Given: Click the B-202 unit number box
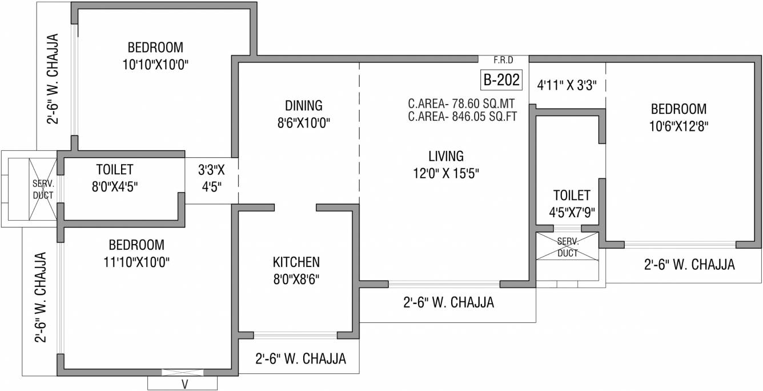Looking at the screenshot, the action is (x=501, y=80).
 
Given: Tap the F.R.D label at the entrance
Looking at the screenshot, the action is (x=503, y=61).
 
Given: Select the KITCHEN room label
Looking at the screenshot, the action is (x=296, y=262).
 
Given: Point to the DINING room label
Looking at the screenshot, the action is (x=303, y=106).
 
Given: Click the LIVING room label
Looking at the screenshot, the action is (x=446, y=156).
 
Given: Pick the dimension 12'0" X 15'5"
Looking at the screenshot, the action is (x=446, y=174).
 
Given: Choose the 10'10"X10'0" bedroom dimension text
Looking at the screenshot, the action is (x=155, y=65).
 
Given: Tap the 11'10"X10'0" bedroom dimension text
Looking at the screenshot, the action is (x=136, y=262).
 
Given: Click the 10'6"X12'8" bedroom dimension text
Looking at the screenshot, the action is (x=678, y=126).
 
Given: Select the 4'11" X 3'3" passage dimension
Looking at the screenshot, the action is (x=567, y=85).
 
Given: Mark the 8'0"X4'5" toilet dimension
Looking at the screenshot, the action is (x=114, y=187).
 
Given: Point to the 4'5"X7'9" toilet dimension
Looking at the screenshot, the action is (x=572, y=213).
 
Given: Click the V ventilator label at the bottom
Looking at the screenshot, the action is (x=184, y=384).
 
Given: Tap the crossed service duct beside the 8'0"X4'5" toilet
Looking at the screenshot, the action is (x=43, y=189).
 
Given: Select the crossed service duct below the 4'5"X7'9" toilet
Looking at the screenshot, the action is (x=568, y=246).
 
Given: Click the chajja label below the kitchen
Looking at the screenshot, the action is (x=301, y=358).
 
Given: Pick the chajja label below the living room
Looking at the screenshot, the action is (x=448, y=302).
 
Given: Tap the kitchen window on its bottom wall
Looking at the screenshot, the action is (x=295, y=335).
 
